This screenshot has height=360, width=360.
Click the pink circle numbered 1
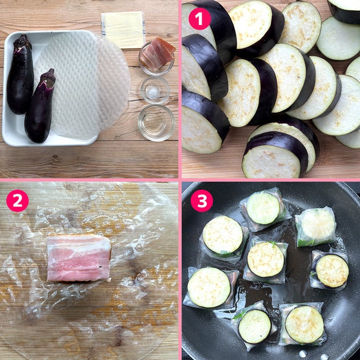(x=200, y=19)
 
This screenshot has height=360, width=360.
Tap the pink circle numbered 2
(x=18, y=201)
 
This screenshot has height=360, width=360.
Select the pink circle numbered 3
(x=202, y=201)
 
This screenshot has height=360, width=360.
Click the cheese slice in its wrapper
(x=123, y=30)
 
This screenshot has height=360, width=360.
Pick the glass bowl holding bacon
(x=157, y=59)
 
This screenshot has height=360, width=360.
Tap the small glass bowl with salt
(x=155, y=90)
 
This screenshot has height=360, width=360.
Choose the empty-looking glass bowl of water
(x=157, y=123)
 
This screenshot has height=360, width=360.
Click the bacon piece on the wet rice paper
(x=79, y=258)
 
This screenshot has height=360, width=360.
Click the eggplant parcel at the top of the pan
(x=264, y=209)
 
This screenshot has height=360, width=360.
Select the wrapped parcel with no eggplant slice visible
(x=315, y=227)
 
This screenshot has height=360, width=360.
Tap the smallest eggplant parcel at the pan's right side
(x=330, y=269)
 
